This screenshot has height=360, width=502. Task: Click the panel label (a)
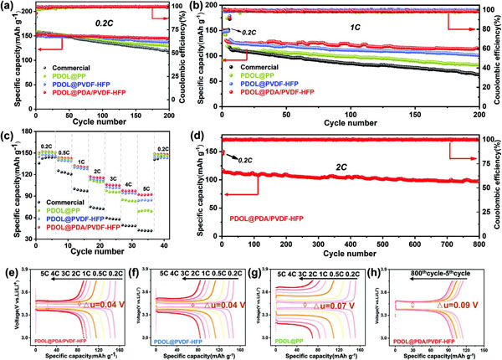[x=8, y=6]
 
